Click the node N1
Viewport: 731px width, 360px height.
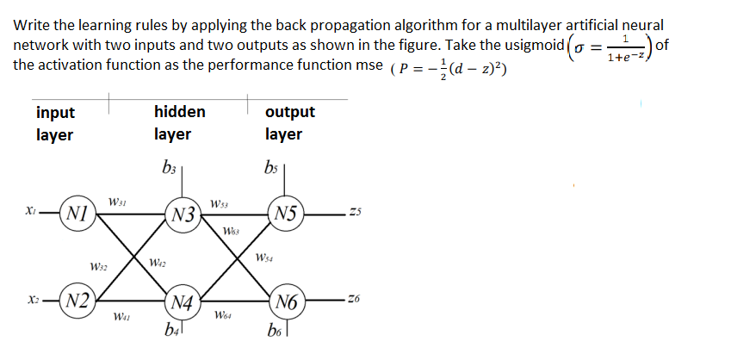(76, 212)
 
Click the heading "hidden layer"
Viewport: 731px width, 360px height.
(179, 122)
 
